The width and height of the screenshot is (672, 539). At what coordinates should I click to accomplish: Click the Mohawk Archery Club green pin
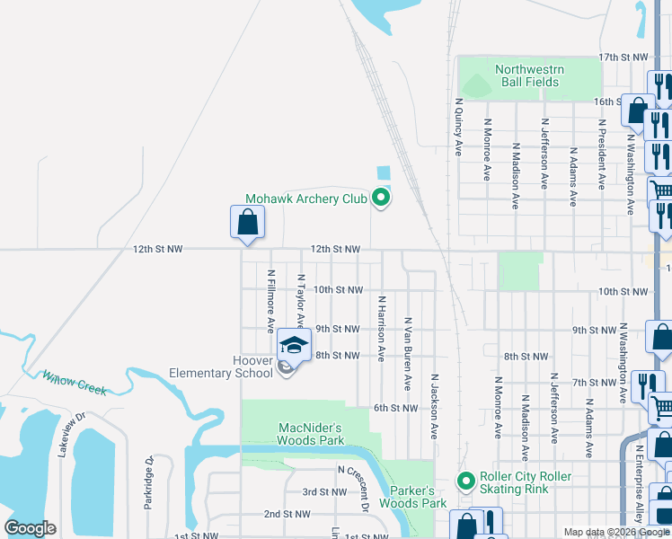381,198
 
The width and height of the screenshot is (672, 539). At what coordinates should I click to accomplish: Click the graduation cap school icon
294,345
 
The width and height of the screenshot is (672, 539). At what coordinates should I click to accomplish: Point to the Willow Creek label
75,384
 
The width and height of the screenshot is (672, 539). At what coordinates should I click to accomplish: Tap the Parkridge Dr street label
150,483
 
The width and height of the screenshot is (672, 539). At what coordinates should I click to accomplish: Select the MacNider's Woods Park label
310,434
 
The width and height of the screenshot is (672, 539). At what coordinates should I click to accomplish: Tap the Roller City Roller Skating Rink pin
465,482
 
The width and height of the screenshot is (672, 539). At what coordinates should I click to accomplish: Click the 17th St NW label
623,57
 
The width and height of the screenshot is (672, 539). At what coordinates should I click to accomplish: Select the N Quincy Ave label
458,127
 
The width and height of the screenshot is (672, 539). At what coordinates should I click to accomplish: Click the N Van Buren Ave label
408,352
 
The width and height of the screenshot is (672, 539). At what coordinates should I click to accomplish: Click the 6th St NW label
396,408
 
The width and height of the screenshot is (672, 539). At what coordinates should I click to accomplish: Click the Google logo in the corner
31,528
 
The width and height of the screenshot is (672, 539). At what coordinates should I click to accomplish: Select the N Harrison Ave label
382,329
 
